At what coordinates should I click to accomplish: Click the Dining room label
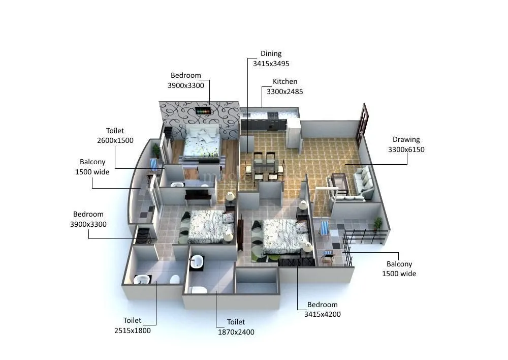271,53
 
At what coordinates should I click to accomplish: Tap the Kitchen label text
284,81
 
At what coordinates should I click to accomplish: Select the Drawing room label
406,139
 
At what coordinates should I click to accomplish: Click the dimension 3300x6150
406,149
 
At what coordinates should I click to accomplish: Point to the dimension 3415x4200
322,314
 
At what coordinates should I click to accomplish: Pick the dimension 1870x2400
236,332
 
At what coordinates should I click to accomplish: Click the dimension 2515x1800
132,331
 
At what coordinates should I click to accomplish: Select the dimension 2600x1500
115,140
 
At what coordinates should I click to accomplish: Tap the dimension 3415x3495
271,64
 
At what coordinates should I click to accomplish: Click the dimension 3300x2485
284,92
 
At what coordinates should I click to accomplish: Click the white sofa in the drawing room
364,182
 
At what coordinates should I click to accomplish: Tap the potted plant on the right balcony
377,223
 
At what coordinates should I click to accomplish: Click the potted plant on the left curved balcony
156,149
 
